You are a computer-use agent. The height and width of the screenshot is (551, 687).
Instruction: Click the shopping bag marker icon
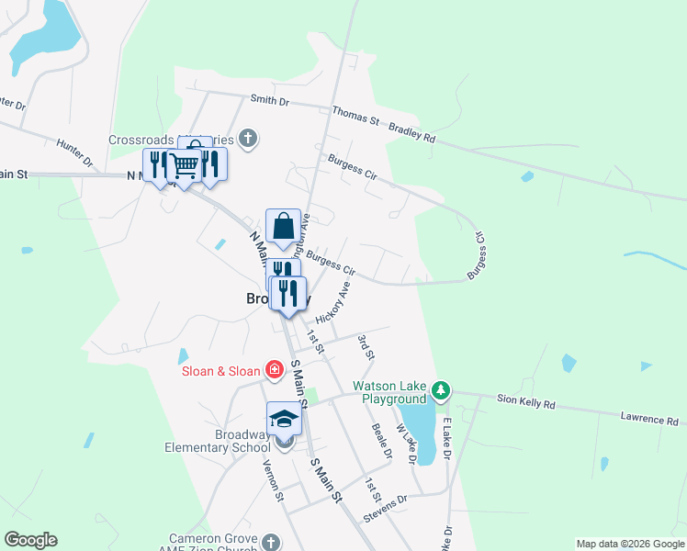pyautogui.click(x=284, y=226)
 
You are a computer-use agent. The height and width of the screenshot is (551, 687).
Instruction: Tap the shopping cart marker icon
pyautogui.click(x=185, y=166)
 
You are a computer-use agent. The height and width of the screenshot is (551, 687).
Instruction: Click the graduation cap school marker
pyautogui.click(x=284, y=419)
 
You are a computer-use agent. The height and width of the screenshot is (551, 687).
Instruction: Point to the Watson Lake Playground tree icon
pyautogui.click(x=442, y=390)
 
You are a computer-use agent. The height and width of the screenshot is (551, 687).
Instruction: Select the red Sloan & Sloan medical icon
pyautogui.click(x=274, y=370)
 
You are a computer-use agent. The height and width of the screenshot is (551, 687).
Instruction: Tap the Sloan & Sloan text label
pyautogui.click(x=220, y=371)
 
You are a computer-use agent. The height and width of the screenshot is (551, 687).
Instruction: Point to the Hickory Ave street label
pyautogui.click(x=333, y=302)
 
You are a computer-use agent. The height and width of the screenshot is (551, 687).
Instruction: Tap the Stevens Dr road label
pyautogui.click(x=385, y=505)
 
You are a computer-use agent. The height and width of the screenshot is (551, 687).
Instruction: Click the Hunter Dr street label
pyautogui.click(x=75, y=151)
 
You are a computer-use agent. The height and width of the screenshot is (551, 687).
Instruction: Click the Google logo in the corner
pyautogui.click(x=30, y=540)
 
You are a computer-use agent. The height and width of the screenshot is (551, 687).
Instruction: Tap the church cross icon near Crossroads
pyautogui.click(x=247, y=140)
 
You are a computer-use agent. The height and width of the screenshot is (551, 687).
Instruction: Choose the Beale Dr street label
pyautogui.click(x=381, y=440)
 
